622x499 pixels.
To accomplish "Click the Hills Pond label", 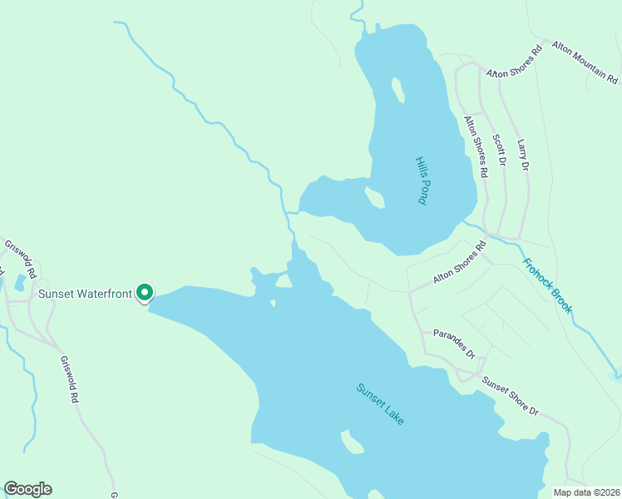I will [x=422, y=180].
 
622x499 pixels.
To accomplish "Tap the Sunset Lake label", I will [x=380, y=404].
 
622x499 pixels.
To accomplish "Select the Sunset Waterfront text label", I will [x=86, y=293].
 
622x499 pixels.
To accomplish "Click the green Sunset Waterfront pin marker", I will [x=145, y=293].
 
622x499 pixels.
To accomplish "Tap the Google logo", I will [x=27, y=489].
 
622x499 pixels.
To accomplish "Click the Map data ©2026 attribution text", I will [x=586, y=492].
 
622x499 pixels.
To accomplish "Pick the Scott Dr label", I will [x=499, y=150].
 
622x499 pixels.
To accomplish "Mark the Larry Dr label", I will [x=522, y=155].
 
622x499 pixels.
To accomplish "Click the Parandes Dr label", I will [x=454, y=344].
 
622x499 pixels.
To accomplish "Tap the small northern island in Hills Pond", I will [x=398, y=89].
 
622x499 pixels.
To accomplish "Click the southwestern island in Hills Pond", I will [x=374, y=198].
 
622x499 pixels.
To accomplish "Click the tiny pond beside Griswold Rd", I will [x=19, y=282].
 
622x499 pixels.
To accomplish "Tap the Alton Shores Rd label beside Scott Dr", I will [x=475, y=146].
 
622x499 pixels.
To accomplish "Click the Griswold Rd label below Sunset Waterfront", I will [x=68, y=379].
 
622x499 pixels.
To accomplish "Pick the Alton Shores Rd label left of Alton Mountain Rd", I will [x=515, y=61].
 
